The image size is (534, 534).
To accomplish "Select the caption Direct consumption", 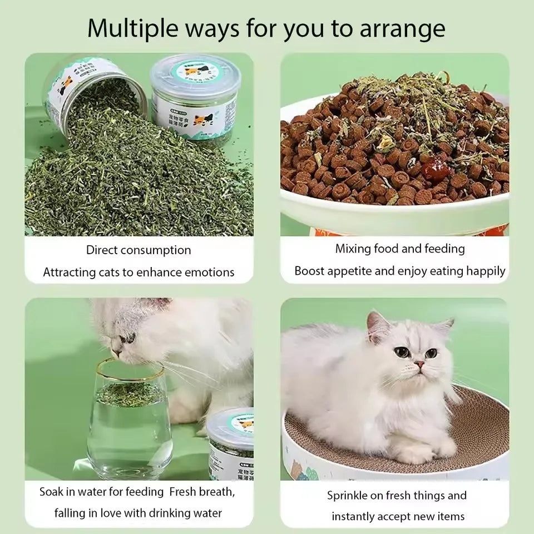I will pyautogui.click(x=139, y=250).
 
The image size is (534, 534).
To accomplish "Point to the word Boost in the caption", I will pyautogui.click(x=309, y=271).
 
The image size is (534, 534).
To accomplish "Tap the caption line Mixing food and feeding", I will pyautogui.click(x=399, y=249).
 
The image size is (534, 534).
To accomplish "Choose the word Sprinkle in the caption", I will pyautogui.click(x=348, y=495).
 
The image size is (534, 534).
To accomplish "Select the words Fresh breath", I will pyautogui.click(x=202, y=492).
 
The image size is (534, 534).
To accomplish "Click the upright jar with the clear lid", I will pyautogui.click(x=193, y=103).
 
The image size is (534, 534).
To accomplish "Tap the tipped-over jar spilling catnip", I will pyautogui.click(x=89, y=92).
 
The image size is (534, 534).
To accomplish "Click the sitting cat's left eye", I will pyautogui.click(x=401, y=352).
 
